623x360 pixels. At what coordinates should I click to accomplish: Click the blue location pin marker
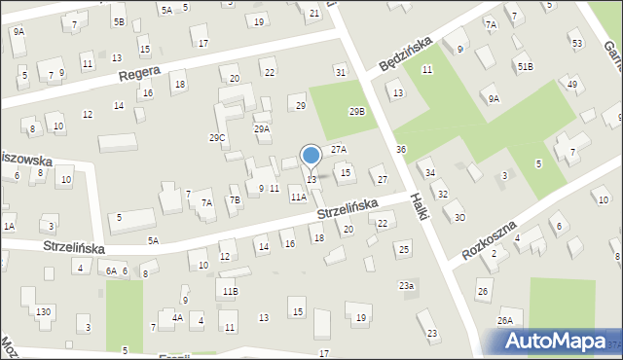311,156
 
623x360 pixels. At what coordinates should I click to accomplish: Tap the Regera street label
138,74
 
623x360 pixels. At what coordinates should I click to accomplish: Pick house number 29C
217,138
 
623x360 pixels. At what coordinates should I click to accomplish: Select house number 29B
357,111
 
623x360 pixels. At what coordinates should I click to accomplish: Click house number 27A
338,149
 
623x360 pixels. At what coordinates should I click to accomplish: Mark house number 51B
525,65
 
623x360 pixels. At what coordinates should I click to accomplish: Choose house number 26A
504,320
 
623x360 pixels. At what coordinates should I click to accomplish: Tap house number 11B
229,291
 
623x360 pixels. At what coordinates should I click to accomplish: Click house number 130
43,311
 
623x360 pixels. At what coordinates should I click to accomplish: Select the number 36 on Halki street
401,149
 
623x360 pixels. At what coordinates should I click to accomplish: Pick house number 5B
118,21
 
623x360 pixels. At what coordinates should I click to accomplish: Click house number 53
576,44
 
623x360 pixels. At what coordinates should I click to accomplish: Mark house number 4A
177,317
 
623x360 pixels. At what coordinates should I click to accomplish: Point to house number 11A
298,197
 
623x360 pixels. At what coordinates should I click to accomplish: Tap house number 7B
234,200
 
